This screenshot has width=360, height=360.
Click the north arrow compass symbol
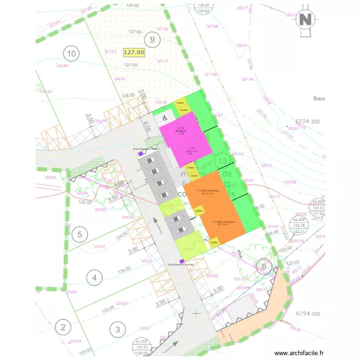click(x=305, y=20)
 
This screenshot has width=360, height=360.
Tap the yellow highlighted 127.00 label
click(x=134, y=52)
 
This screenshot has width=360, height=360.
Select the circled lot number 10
click(x=72, y=53)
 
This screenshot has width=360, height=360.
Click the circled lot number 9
click(x=152, y=40)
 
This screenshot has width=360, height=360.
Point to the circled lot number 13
click(x=222, y=160)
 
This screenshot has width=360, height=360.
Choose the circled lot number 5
click(x=80, y=235)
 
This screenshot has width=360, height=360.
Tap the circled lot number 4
click(x=94, y=277)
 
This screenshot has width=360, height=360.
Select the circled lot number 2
click(x=63, y=328)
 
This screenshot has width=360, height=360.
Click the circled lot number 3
click(x=117, y=329)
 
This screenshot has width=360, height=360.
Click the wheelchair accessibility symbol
click(x=163, y=117)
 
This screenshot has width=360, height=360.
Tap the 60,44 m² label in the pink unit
click(x=180, y=130)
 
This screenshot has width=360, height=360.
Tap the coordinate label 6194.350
click(x=308, y=122)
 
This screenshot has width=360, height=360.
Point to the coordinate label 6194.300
click(x=308, y=314)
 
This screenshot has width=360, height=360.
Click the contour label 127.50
click(x=135, y=32)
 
